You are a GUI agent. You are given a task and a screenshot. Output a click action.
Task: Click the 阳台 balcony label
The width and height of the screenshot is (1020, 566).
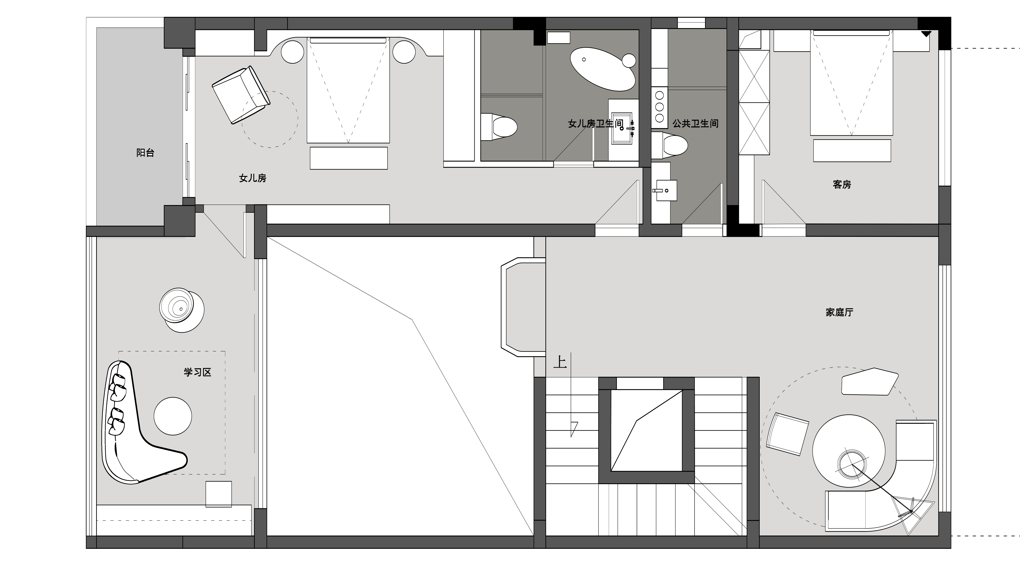145,153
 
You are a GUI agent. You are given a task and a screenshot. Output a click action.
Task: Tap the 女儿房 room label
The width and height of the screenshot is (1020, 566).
253,178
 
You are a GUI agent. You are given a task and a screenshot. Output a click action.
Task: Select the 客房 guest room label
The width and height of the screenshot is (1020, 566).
842,185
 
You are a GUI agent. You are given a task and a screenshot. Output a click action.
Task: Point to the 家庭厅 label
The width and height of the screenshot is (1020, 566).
839,312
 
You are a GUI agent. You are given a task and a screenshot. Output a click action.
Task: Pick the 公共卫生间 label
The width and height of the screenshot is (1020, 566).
695,123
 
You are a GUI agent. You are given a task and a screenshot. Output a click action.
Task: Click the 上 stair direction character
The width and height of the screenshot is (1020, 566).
560,362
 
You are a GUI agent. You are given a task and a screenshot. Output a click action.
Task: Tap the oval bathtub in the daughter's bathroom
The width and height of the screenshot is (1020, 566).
603,69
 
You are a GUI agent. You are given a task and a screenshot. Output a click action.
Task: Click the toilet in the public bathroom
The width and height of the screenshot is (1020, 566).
669,144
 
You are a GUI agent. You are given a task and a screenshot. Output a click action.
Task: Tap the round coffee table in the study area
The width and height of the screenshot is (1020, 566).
173,416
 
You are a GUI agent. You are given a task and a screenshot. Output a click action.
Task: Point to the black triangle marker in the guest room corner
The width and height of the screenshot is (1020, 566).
926,34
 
